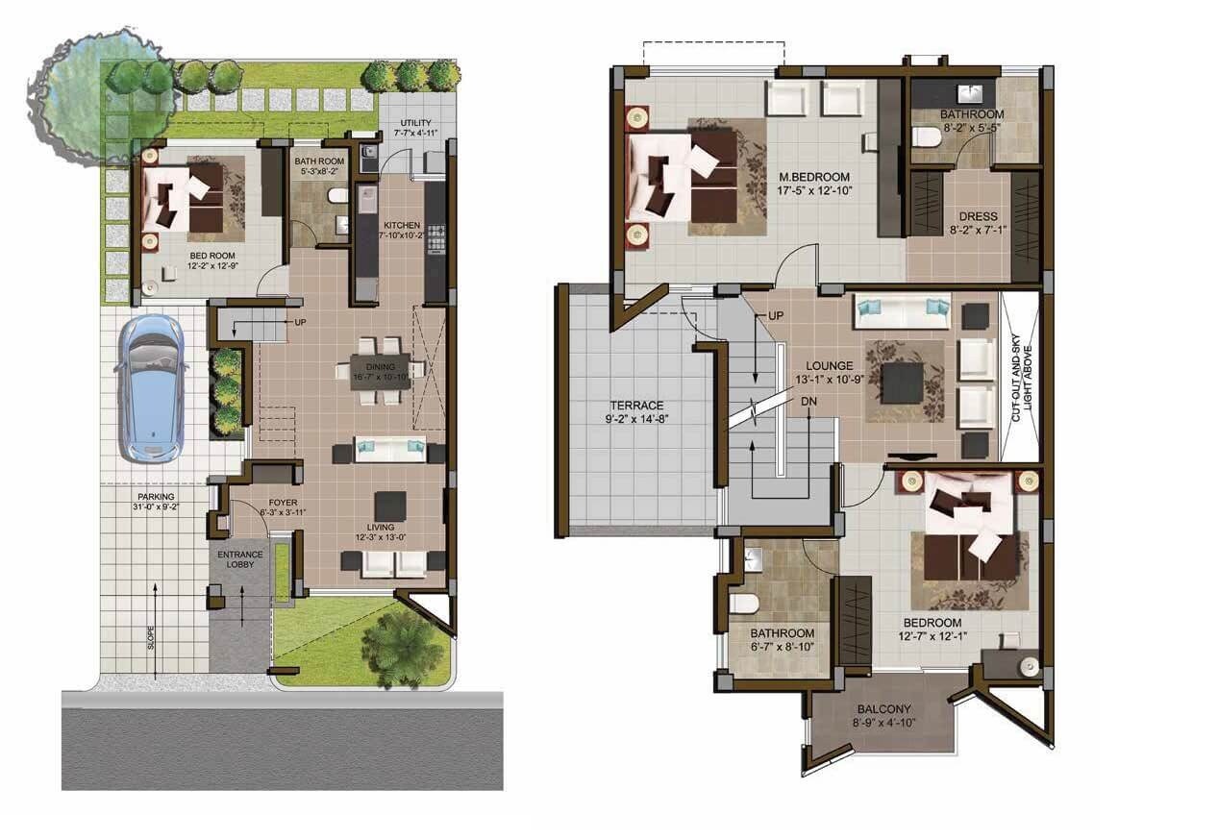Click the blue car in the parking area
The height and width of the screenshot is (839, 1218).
tap(149, 387)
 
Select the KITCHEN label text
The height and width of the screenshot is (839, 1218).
tap(400, 225)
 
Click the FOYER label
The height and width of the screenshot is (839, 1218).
tap(283, 503)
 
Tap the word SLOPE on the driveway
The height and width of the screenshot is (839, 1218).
tap(151, 638)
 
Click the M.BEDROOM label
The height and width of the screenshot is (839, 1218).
tap(814, 177)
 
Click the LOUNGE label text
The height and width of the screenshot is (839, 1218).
tap(830, 365)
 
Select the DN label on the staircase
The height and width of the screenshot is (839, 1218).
tap(809, 401)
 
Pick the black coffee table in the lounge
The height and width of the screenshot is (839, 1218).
tap(903, 382)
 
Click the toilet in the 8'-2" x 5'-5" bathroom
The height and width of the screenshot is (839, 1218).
tap(926, 136)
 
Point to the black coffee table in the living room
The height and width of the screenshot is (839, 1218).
tap(390, 506)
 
